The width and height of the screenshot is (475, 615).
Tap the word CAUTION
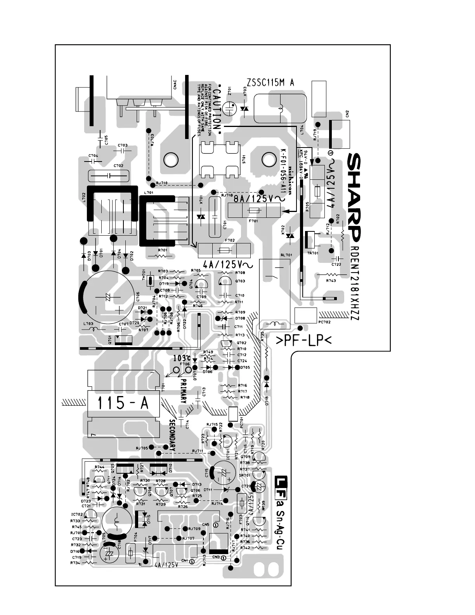pyautogui.click(x=217, y=108)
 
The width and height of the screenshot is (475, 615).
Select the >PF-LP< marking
pyautogui.click(x=303, y=341)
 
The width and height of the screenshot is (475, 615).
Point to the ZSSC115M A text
pyautogui.click(x=270, y=82)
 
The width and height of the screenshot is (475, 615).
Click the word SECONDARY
pyautogui.click(x=172, y=435)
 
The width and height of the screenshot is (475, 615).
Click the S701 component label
pyautogui.click(x=244, y=160)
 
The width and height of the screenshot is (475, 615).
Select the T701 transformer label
pyautogui.click(x=163, y=387)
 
